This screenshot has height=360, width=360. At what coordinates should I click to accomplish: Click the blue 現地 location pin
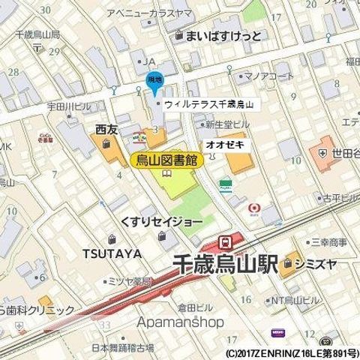(152, 82)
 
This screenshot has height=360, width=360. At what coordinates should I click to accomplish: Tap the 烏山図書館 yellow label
(167, 159)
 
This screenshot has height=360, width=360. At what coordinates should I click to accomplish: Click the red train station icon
(224, 241)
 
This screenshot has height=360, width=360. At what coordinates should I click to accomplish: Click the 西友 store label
(107, 130)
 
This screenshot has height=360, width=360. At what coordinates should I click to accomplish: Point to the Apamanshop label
(181, 322)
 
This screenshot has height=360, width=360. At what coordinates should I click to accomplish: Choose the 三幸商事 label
(329, 242)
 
